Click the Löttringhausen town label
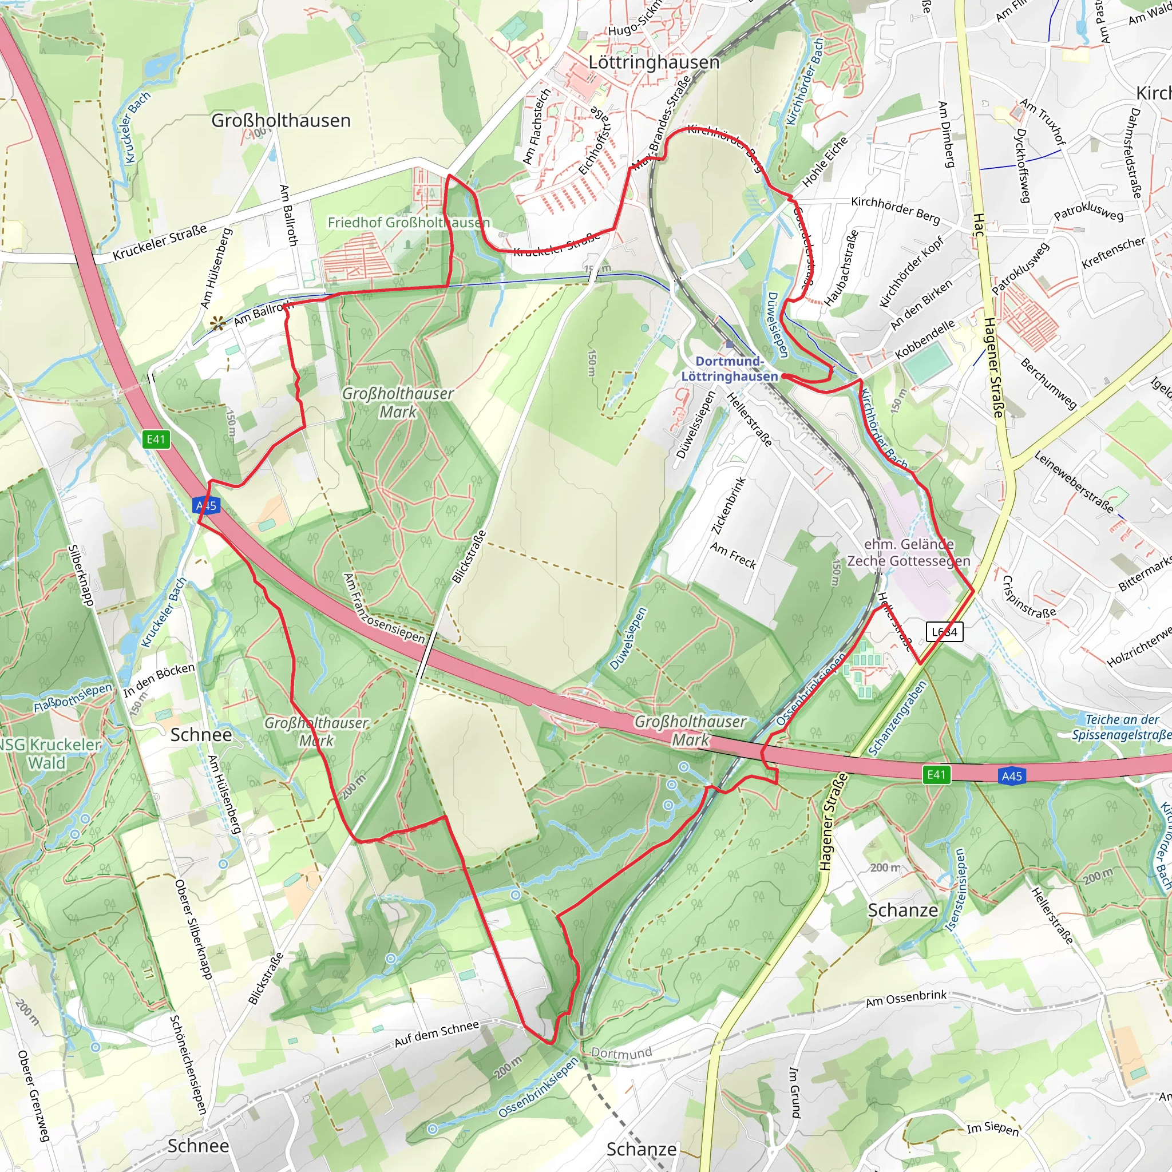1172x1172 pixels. pos(654,62)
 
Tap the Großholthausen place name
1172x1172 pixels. pos(281,120)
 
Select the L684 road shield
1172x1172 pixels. pos(944,632)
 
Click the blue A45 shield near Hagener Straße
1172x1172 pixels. pos(1011,776)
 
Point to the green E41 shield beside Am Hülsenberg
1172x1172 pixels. pos(156,439)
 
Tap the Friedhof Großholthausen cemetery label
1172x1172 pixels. pos(408,223)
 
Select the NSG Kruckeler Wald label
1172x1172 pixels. pos(49,754)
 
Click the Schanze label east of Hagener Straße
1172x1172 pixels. pos(902,910)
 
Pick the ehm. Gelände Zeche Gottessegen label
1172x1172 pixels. pos(908,552)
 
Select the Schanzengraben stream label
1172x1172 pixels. pos(897,718)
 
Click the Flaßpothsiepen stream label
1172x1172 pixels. pos(73,698)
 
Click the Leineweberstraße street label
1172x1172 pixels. pos(1074,482)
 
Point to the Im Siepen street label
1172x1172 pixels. pos(992,1129)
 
